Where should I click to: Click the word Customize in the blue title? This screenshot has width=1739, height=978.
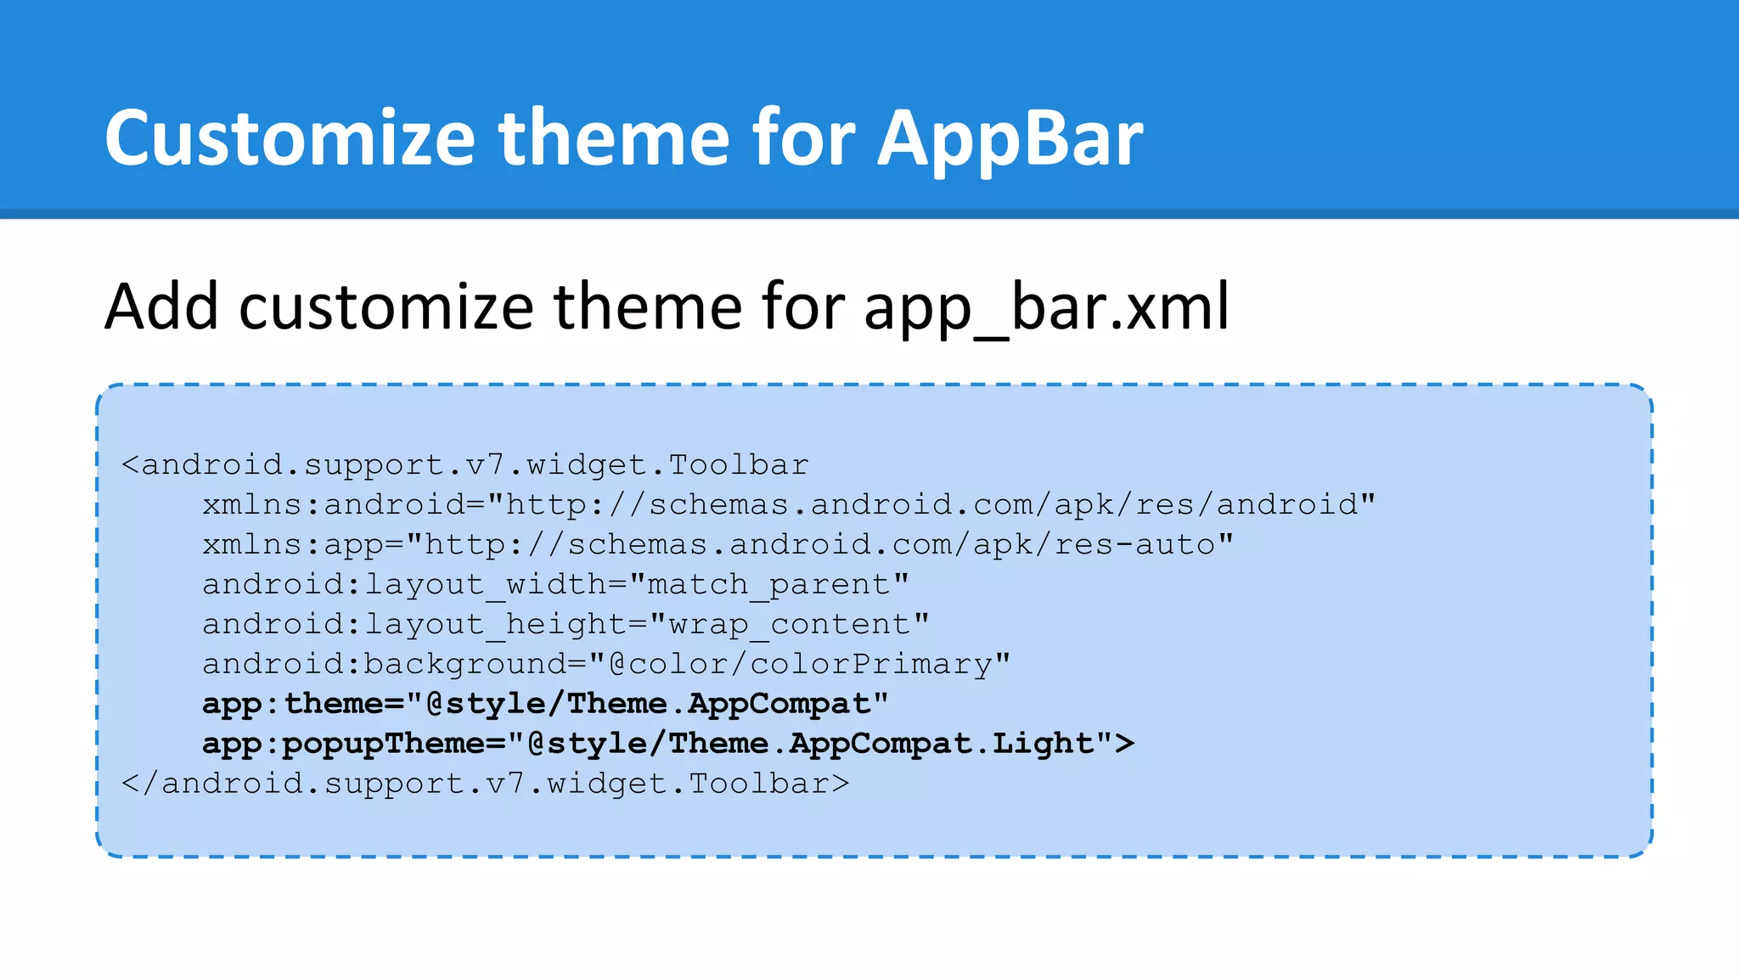pos(289,138)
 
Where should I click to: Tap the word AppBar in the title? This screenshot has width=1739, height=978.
pos(1010,139)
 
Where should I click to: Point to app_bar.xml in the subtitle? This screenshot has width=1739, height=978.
pos(1046,307)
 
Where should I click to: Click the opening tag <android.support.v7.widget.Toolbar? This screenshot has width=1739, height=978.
pos(464,465)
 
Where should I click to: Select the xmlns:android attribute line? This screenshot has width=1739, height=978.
pos(788,505)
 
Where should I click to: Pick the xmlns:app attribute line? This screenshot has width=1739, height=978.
pos(718,545)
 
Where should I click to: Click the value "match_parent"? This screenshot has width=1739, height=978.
pos(769,585)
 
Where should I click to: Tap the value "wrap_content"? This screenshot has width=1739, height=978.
pos(790,625)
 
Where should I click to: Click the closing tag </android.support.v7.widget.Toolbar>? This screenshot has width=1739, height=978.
pos(485,784)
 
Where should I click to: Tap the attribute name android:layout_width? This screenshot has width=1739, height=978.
pos(404,585)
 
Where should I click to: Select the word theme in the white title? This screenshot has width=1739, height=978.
pos(614,138)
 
